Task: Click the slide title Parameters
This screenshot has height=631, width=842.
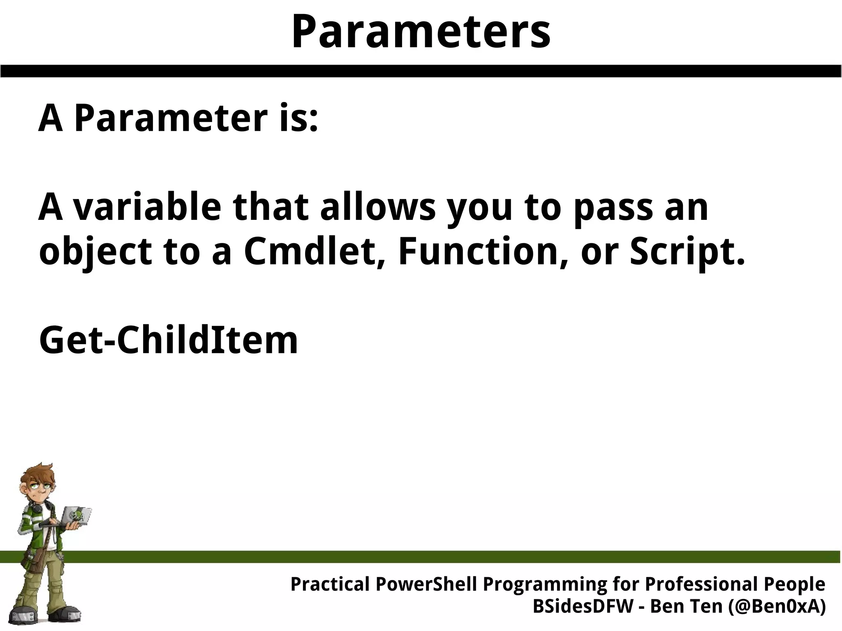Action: point(421,32)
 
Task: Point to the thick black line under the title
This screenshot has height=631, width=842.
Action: point(421,71)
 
